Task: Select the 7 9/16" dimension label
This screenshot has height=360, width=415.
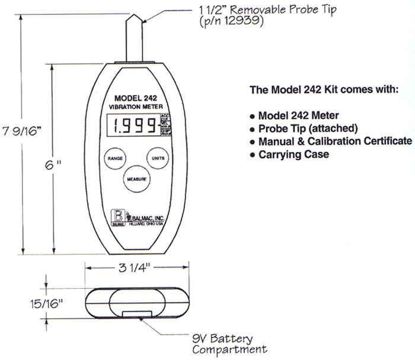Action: (x=23, y=129)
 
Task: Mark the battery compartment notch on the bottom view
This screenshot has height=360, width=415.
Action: (x=134, y=315)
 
